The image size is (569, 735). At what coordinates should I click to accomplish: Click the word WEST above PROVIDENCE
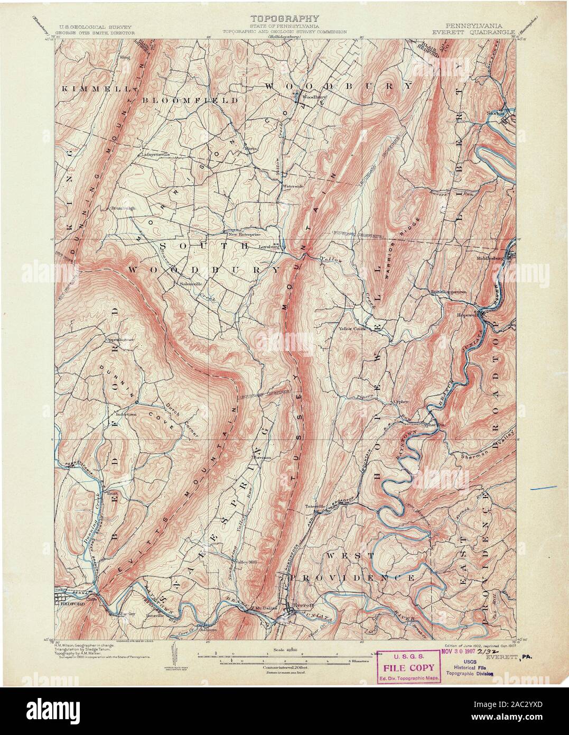pos(346,556)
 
